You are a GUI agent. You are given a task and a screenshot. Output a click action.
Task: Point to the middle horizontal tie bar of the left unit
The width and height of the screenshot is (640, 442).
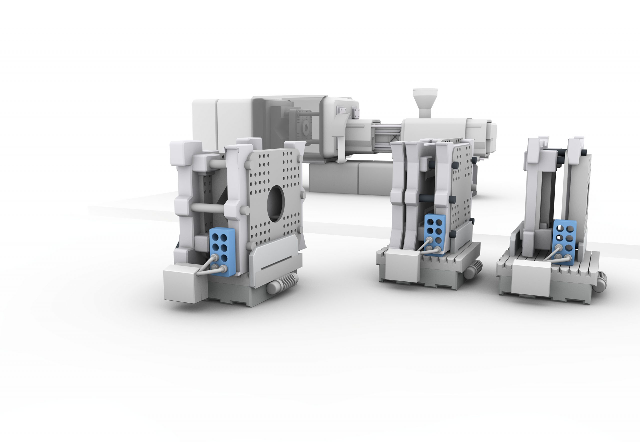pyautogui.click(x=208, y=207)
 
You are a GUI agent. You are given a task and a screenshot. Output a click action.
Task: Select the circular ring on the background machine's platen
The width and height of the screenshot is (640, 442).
pyautogui.click(x=306, y=127)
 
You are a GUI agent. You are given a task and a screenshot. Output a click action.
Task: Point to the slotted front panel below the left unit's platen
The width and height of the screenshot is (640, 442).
pyautogui.click(x=277, y=260)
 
